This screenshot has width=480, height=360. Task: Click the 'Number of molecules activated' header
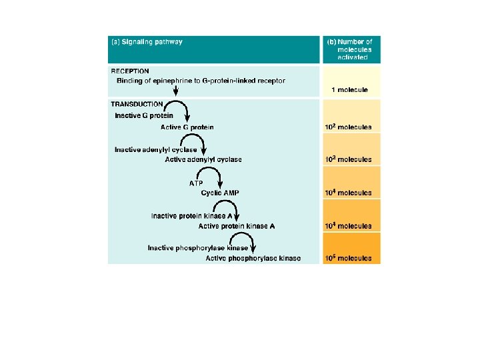coord(349,49)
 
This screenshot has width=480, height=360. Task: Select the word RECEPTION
coord(130,71)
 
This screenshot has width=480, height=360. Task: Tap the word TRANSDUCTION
coord(137,104)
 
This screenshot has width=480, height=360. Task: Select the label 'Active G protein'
coord(187,127)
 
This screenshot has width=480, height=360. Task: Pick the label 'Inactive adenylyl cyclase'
coord(155,149)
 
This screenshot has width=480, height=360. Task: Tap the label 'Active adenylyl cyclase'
coord(203,160)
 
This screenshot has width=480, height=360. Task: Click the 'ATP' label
coord(196,183)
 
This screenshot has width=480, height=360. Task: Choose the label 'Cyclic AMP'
coord(220,193)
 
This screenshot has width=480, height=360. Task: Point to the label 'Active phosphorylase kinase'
coord(253,258)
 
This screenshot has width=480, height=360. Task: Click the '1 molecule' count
coord(349,89)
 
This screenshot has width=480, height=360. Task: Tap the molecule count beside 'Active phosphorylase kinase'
coord(348,258)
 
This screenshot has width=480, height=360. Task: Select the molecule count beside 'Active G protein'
coord(348,127)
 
